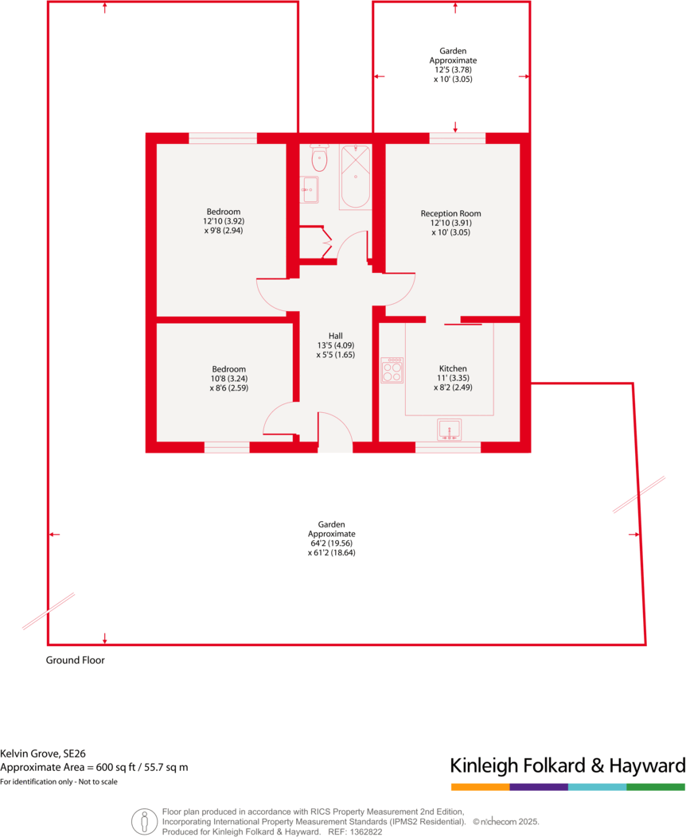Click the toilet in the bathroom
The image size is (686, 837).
tap(320, 158)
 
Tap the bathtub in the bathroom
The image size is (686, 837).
tap(355, 177)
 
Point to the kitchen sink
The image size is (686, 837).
tap(450, 430)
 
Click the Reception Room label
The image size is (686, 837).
tap(451, 213)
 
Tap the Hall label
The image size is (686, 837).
tap(335, 336)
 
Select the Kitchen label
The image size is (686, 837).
tap(453, 369)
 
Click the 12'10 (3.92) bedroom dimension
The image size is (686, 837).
tap(222, 220)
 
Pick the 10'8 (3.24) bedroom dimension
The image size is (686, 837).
tap(228, 379)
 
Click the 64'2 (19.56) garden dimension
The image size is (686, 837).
tap(331, 543)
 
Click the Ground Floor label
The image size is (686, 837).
tap(75, 660)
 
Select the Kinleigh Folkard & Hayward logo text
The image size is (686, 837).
tap(567, 765)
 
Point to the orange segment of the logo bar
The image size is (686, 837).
tap(480, 787)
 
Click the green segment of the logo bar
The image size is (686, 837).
tap(656, 787)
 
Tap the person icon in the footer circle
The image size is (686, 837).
tap(144, 819)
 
